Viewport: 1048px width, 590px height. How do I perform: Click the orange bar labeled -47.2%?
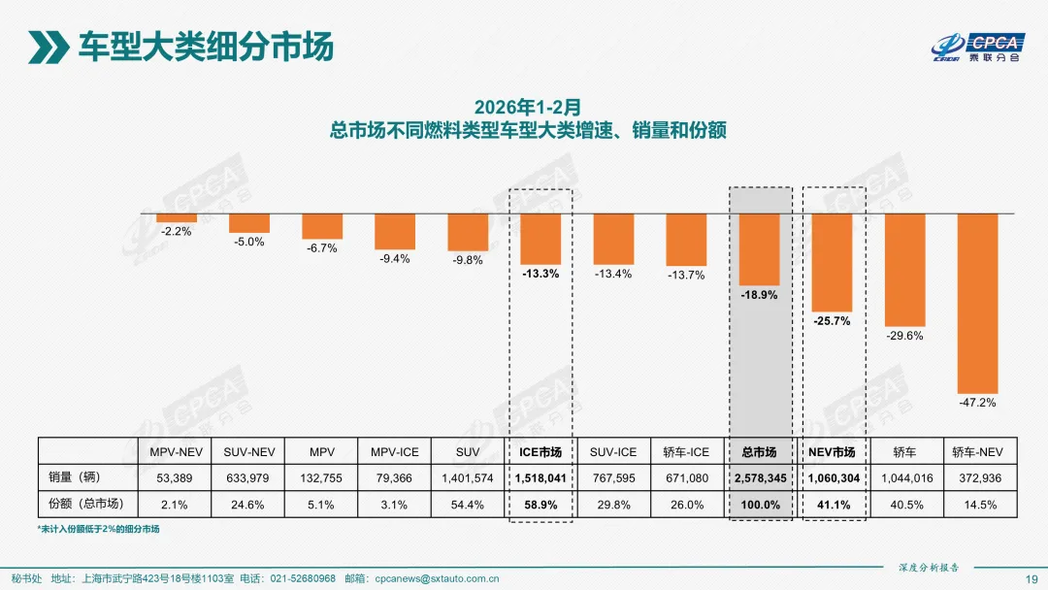[977, 302]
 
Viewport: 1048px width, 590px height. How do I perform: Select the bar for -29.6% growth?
[904, 270]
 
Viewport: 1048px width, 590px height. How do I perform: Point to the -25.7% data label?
[832, 320]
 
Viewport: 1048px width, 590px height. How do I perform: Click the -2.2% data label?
[176, 232]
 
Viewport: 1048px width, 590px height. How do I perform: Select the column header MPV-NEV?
[176, 451]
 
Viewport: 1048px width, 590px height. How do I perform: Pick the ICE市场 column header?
[540, 451]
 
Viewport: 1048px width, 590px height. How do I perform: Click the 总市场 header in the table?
[759, 451]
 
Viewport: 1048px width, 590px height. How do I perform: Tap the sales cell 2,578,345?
[759, 477]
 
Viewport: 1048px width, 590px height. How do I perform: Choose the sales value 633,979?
[248, 477]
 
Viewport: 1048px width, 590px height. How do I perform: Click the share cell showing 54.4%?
[468, 504]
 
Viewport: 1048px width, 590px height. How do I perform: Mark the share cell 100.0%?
[759, 504]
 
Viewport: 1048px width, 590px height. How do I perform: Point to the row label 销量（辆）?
[76, 477]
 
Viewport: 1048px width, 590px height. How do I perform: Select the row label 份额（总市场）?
[86, 504]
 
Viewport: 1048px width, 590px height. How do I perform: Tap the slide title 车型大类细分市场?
[205, 46]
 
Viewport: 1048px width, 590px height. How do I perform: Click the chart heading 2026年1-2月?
[527, 105]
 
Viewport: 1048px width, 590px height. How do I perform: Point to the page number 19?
[1032, 578]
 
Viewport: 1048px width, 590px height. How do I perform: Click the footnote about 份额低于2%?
[98, 529]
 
